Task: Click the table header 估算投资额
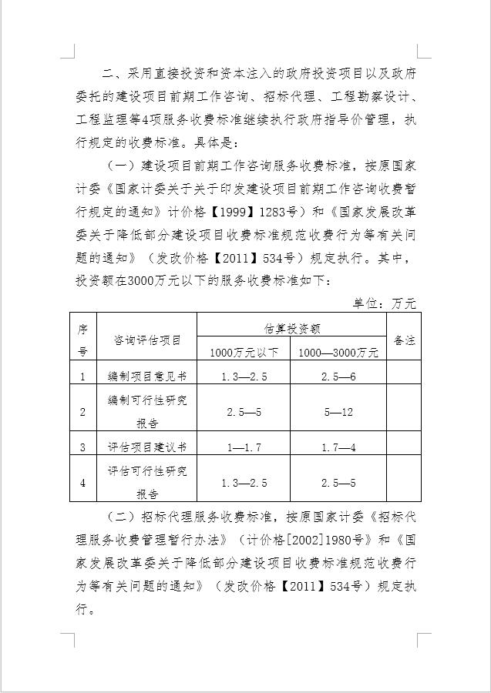tap(292, 328)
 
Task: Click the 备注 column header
tap(404, 340)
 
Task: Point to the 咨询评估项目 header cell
tap(147, 340)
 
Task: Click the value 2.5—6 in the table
tap(338, 377)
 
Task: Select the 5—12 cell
tap(338, 412)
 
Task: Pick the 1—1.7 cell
tap(244, 447)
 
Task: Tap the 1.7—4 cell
tap(338, 447)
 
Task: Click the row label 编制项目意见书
tap(147, 377)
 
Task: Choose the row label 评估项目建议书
tap(147, 447)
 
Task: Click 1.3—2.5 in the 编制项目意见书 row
tap(244, 377)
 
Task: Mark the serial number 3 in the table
tap(82, 447)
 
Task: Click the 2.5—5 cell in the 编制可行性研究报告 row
tap(244, 412)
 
